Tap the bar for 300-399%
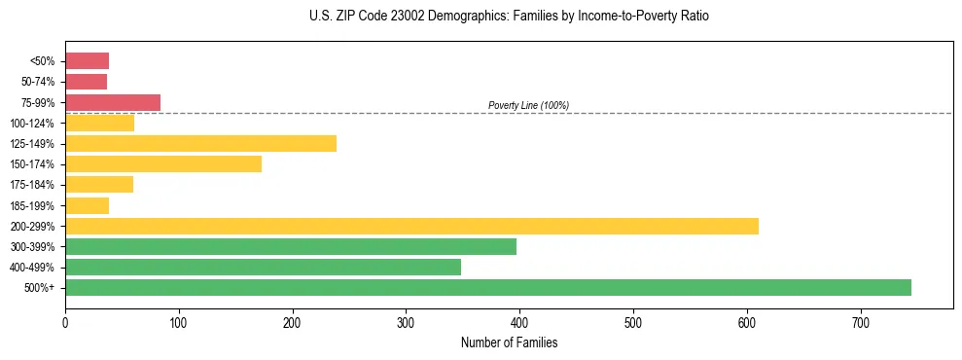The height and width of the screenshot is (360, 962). pos(291,246)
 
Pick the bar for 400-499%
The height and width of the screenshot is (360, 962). pos(263,267)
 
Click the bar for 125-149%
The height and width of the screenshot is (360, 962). pos(200,143)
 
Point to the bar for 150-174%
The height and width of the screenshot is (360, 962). pos(163,163)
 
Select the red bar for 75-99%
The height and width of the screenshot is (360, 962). pos(113,102)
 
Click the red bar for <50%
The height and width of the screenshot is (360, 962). pos(87,61)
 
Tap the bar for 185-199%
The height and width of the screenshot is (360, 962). pos(87,205)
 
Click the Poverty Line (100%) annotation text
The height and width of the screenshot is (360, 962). pos(528,105)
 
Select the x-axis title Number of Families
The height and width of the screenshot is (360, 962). pos(509,342)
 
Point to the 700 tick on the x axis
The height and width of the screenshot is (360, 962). pos(861,322)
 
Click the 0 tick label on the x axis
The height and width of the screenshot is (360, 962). pos(65,322)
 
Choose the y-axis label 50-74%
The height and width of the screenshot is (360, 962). pos(38,82)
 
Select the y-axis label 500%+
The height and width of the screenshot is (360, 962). pos(40,288)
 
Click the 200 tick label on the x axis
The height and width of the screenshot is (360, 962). pos(293,322)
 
